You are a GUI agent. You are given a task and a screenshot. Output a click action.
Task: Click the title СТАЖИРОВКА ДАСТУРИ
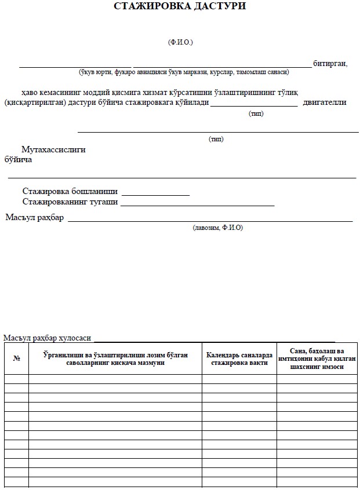[180, 7]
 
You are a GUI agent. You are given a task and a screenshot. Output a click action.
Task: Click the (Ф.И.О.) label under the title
[180, 42]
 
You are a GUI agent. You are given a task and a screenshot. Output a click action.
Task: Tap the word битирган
[330, 64]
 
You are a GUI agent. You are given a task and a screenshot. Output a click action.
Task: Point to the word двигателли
[325, 103]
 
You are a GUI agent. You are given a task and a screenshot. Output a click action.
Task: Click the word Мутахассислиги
[53, 149]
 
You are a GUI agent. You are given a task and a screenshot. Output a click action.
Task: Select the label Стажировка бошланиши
[70, 191]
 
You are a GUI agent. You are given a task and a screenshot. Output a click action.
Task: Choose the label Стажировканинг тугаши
[70, 202]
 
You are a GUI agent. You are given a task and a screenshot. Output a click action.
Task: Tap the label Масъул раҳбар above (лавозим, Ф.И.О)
[34, 218]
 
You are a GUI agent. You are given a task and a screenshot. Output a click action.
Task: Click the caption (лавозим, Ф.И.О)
[218, 228]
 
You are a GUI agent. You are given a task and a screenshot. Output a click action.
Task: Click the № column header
[16, 359]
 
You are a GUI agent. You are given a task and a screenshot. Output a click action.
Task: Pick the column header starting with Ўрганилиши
[115, 359]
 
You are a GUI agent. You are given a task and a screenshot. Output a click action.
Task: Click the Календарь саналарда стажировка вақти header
[238, 359]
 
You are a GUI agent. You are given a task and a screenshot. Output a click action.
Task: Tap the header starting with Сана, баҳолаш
[317, 359]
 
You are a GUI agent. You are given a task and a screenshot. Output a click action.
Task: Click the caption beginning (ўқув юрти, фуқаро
[184, 72]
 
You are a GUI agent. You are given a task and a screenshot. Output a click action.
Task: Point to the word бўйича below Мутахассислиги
[18, 159]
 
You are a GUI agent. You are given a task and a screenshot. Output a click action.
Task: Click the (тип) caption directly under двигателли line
[256, 114]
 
